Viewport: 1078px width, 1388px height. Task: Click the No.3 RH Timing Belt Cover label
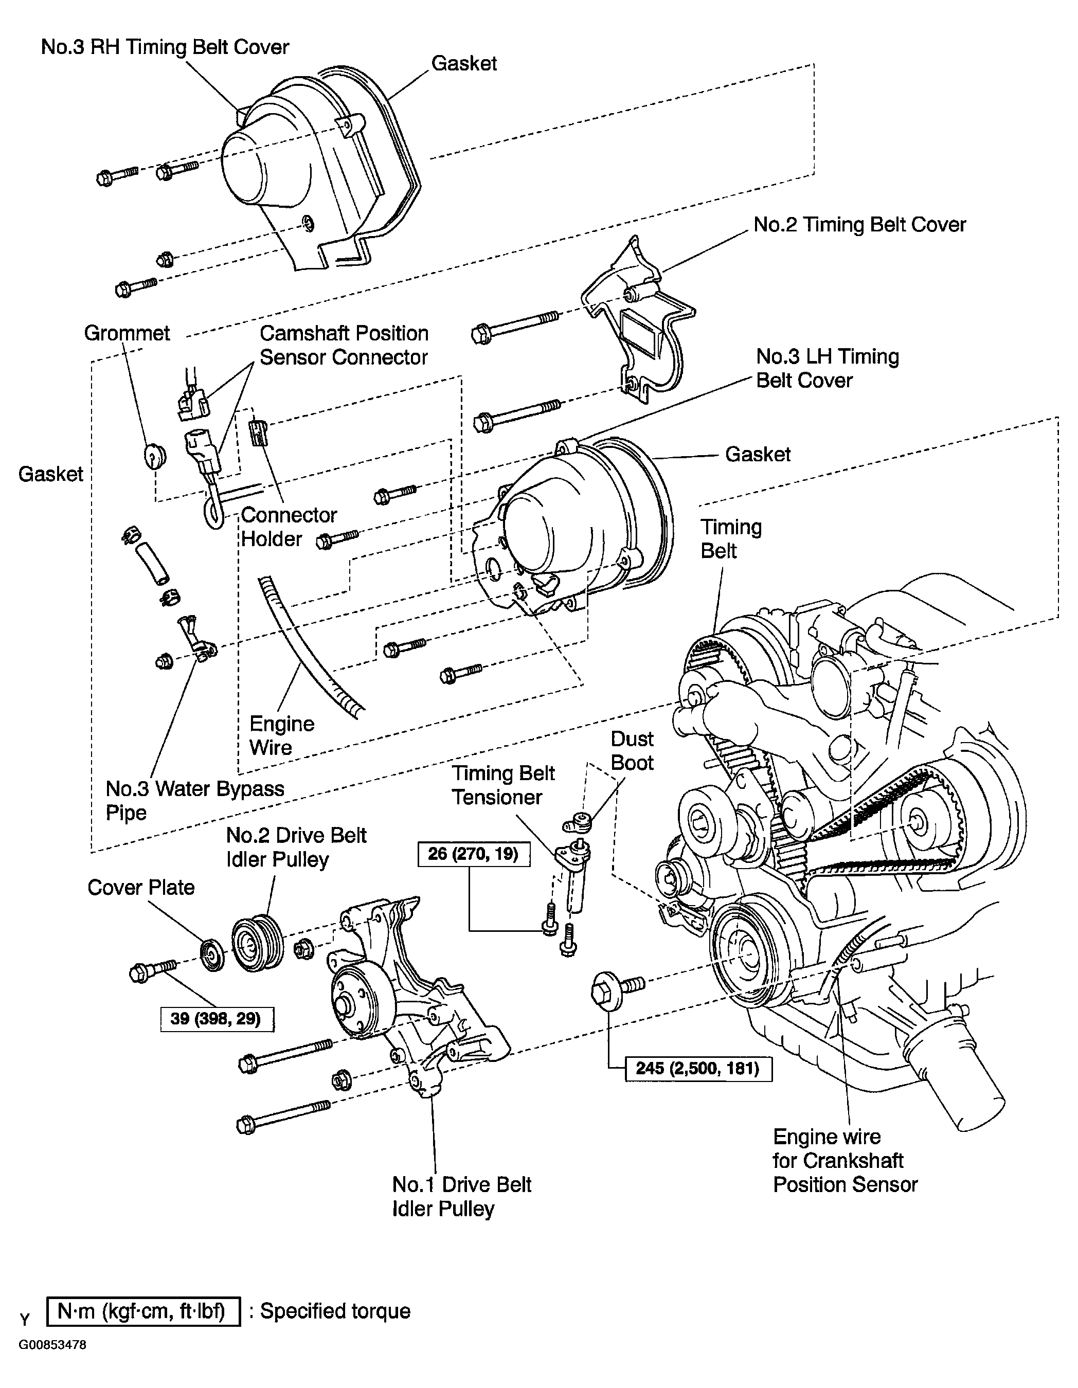[x=165, y=47]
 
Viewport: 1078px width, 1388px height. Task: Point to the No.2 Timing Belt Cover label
[x=859, y=224]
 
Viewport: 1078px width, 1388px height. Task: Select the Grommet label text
[x=127, y=333]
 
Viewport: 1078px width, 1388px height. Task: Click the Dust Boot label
[x=632, y=750]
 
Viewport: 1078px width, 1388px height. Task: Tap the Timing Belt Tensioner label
[x=503, y=785]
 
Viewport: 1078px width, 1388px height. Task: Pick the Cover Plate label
[x=140, y=887]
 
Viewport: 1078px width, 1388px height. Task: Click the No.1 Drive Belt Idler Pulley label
[x=461, y=1196]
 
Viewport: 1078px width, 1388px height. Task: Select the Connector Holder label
[x=289, y=526]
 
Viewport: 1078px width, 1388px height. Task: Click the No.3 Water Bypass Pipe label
[x=194, y=800]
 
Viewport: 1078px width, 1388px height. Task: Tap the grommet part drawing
[x=153, y=456]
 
